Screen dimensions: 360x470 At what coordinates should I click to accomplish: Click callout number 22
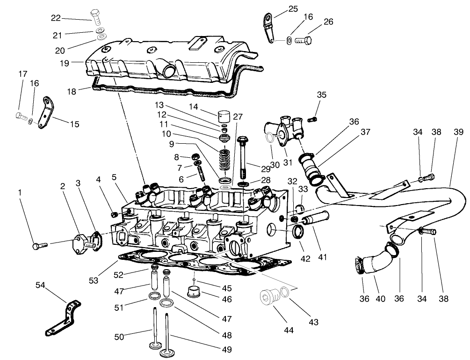pyautogui.click(x=56, y=18)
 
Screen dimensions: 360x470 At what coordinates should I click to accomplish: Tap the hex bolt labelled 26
pyautogui.click(x=304, y=40)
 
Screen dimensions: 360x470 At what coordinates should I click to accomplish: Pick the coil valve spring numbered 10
pyautogui.click(x=225, y=160)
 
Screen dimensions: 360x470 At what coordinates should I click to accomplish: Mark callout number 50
pyautogui.click(x=120, y=337)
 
